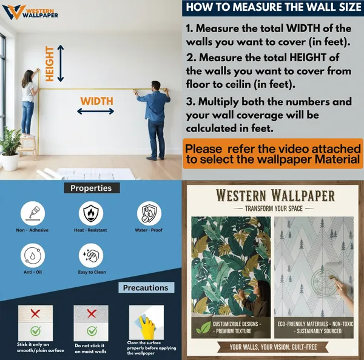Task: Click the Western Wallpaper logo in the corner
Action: [x=30, y=12]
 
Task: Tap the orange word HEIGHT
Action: [x=50, y=64]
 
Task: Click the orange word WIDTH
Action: [x=97, y=101]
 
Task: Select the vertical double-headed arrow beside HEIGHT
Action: [x=61, y=63]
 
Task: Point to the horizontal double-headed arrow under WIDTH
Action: [x=95, y=112]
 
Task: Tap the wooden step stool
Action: [x=28, y=147]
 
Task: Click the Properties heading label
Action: [x=92, y=188]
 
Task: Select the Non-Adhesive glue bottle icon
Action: [x=33, y=213]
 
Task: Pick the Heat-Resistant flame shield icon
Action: [x=91, y=213]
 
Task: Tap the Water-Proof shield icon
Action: [x=149, y=213]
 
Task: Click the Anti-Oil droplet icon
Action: [x=33, y=256]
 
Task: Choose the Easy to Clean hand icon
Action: [x=91, y=256]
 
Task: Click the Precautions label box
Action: [x=146, y=288]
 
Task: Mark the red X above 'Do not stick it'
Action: [x=92, y=313]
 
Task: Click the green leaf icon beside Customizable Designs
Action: [x=203, y=327]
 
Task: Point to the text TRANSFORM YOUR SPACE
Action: [x=274, y=208]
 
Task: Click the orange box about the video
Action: [x=273, y=154]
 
